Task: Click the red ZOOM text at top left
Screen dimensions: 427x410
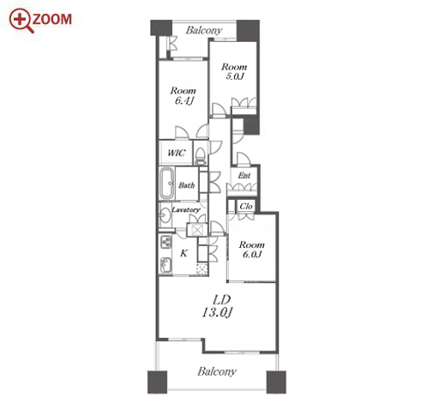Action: click(x=52, y=19)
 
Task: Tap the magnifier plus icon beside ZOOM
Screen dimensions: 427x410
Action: click(x=21, y=20)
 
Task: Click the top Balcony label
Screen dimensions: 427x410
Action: click(x=204, y=30)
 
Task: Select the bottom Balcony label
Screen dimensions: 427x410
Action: click(x=217, y=371)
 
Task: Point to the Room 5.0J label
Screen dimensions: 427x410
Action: click(x=234, y=71)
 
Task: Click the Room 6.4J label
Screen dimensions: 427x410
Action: click(x=183, y=95)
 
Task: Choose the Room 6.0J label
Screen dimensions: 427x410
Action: click(x=252, y=250)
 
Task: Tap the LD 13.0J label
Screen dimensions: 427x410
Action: click(x=217, y=306)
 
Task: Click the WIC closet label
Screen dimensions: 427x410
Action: click(x=177, y=153)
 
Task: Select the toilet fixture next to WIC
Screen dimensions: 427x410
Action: click(x=201, y=156)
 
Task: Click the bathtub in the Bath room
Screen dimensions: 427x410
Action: click(x=166, y=184)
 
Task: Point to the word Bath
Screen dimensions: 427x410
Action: click(x=187, y=185)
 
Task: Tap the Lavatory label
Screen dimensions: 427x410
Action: click(x=186, y=210)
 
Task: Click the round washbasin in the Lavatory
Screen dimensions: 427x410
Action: click(x=165, y=215)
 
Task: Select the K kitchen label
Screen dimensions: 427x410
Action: click(x=183, y=253)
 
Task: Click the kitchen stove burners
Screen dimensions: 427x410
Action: click(x=165, y=242)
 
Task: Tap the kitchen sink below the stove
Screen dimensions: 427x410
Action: click(x=165, y=265)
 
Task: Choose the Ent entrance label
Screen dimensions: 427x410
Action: click(x=244, y=176)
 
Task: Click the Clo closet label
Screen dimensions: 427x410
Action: click(x=246, y=206)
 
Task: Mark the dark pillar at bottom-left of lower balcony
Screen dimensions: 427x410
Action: click(x=158, y=383)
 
